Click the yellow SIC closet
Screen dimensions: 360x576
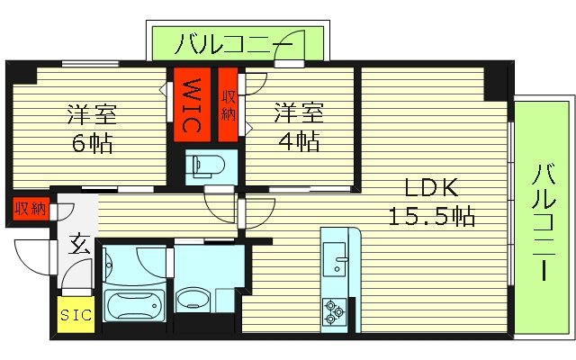[x=76, y=316]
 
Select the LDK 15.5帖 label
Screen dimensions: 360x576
[x=431, y=202]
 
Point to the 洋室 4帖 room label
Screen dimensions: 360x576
[x=296, y=127]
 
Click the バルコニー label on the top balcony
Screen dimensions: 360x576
[x=234, y=42]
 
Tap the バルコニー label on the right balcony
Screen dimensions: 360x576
[x=542, y=220]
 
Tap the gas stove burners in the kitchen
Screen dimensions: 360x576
[x=334, y=311]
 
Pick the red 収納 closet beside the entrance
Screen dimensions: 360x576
[x=30, y=209]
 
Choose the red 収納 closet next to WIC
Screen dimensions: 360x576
[x=228, y=103]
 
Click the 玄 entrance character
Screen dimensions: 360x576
[x=78, y=244]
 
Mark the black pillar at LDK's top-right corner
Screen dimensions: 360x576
[x=495, y=83]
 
